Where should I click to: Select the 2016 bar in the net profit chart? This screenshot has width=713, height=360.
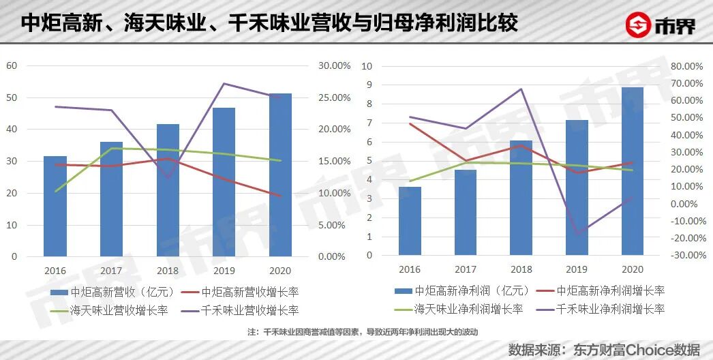point(410,221)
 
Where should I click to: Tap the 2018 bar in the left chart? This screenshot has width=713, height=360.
point(168,190)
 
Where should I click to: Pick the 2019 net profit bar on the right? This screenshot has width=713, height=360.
point(576,187)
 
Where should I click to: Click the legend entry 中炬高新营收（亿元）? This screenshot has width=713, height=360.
point(113,292)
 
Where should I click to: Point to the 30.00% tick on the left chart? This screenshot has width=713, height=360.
point(334,66)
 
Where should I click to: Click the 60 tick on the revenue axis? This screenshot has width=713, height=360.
point(12,65)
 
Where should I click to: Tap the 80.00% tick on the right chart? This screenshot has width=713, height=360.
point(686,66)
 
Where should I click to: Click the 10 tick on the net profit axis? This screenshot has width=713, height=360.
point(367,66)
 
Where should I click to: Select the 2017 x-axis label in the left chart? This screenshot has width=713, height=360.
point(111,270)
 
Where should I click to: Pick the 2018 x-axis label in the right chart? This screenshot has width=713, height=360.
point(521,269)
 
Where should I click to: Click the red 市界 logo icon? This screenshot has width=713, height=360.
point(639,25)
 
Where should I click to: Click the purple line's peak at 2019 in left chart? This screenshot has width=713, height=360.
point(224,83)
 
